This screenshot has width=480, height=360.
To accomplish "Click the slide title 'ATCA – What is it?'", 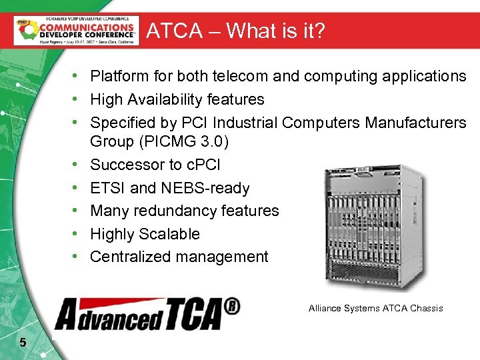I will click(x=235, y=31).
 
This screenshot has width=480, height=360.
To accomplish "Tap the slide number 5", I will click(x=23, y=343).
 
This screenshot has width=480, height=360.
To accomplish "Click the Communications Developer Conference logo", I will click(x=76, y=30).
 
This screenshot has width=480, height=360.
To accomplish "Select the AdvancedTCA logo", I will click(x=147, y=313).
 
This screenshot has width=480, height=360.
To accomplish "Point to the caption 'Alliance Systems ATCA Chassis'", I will click(x=375, y=308).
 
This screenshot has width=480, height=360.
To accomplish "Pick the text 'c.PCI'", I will click(x=199, y=165).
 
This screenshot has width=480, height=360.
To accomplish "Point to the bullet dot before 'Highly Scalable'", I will click(x=78, y=234).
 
